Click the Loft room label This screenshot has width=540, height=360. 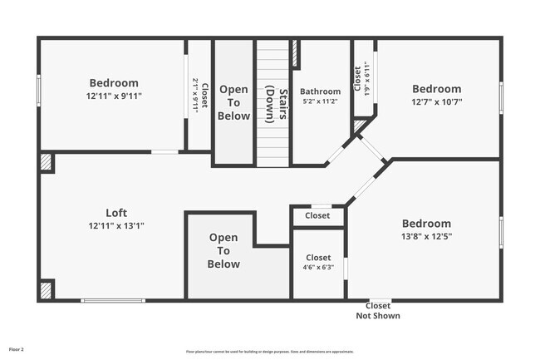tap(116, 212)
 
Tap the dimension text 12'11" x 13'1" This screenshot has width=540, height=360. tap(116, 225)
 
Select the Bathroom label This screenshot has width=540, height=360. tap(320, 91)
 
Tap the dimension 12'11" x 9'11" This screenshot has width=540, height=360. tap(114, 96)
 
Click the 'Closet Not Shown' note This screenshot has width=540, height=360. tap(378, 310)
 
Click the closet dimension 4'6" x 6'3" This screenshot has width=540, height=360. tap(318, 268)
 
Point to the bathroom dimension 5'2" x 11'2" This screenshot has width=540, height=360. tap(320, 101)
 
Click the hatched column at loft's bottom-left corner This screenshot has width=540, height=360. tap(47, 289)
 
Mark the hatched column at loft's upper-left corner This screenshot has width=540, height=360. tap(47, 161)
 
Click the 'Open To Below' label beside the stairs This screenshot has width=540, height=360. tap(233, 102)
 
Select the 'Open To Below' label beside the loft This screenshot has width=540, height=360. tap(223, 251)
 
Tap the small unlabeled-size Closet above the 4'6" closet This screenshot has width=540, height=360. tap(317, 216)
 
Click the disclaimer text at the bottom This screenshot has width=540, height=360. tap(269, 352)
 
